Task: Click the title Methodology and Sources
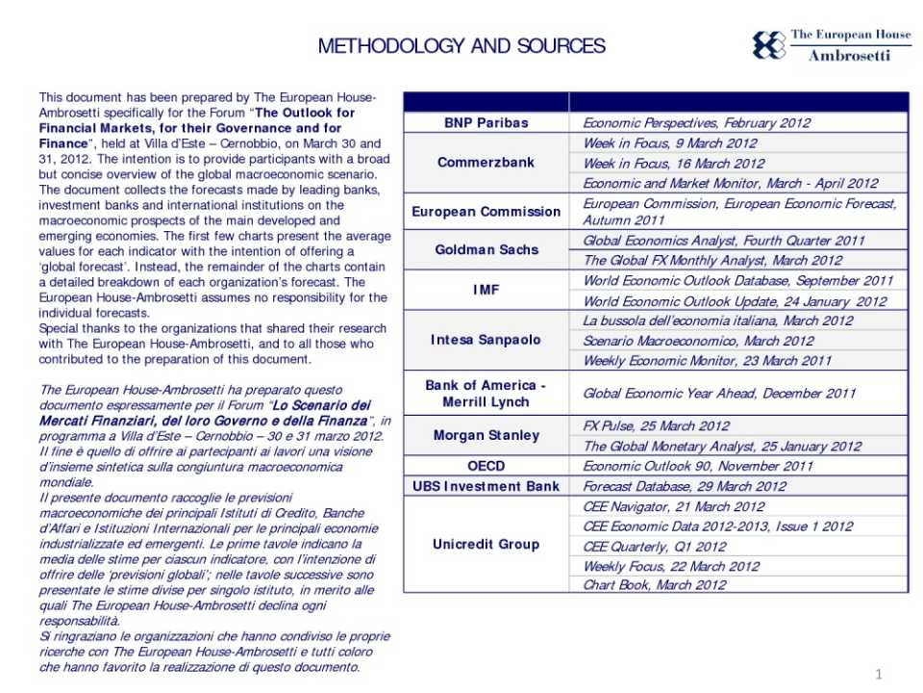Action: click(x=461, y=46)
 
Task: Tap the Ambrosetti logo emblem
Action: click(x=768, y=45)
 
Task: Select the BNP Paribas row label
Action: click(x=486, y=122)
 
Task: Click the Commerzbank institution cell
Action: click(x=486, y=163)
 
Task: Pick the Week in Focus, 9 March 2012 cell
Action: click(x=670, y=143)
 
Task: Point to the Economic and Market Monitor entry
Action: click(x=730, y=183)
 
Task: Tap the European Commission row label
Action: click(x=486, y=212)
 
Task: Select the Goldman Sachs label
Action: click(x=486, y=250)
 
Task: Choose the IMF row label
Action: click(x=486, y=290)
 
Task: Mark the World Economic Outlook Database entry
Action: click(x=737, y=281)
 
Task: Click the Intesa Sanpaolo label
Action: click(x=486, y=340)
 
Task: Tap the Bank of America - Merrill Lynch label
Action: click(x=486, y=393)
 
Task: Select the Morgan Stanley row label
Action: click(x=486, y=435)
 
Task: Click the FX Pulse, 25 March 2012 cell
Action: click(x=656, y=425)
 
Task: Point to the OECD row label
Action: click(x=486, y=466)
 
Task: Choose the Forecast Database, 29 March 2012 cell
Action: click(x=685, y=486)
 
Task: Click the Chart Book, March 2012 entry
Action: click(x=655, y=584)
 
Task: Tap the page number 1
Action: click(x=879, y=672)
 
